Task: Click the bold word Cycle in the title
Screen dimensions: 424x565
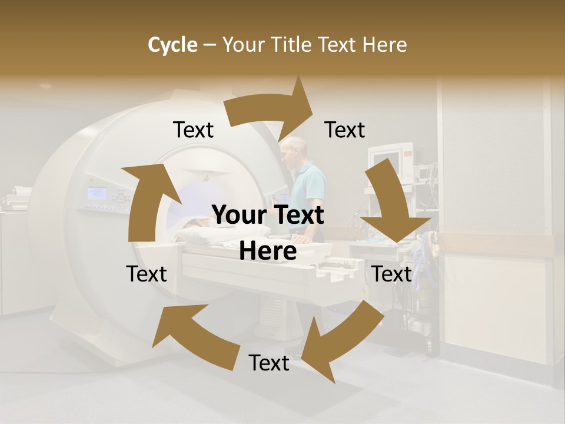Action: (172, 45)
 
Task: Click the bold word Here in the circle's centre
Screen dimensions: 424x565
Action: (268, 251)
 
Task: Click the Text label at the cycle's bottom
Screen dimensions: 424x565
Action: (269, 363)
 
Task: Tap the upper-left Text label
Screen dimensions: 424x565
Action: (193, 130)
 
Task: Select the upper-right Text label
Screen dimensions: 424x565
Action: (345, 130)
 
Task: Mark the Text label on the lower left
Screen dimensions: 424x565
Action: (147, 274)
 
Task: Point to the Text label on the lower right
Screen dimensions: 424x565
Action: (391, 274)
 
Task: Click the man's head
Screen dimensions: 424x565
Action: (294, 151)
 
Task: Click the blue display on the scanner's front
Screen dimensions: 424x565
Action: (97, 193)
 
